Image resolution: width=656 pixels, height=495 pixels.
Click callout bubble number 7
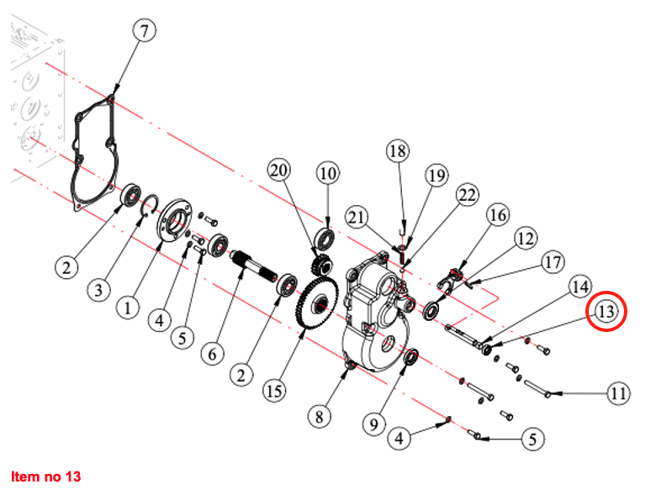[144, 32]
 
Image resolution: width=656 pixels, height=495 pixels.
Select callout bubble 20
[279, 171]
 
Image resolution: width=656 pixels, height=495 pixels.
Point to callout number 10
[327, 174]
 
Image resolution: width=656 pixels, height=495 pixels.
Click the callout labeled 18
[399, 152]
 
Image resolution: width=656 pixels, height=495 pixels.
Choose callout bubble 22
[467, 195]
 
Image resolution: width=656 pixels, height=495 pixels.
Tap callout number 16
[498, 215]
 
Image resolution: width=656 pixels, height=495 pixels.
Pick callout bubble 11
[618, 393]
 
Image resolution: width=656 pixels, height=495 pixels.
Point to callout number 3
[99, 290]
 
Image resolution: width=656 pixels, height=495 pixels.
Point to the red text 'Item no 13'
[46, 477]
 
